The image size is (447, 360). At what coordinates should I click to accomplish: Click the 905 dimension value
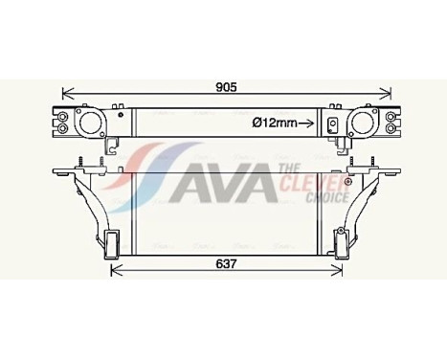pyautogui.click(x=225, y=88)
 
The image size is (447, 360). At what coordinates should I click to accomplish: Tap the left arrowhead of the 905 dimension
pyautogui.click(x=65, y=94)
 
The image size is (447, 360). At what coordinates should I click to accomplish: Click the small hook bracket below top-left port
pyautogui.click(x=112, y=146)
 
